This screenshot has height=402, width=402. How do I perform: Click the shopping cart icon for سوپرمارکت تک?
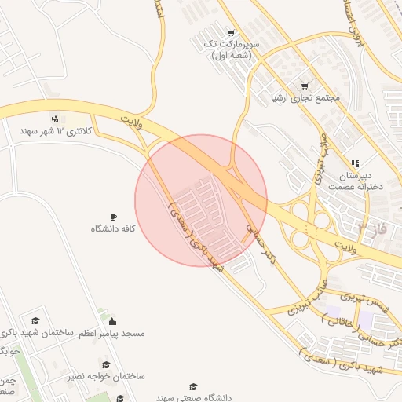(x=230, y=33)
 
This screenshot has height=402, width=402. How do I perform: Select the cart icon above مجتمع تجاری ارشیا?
(x=305, y=86)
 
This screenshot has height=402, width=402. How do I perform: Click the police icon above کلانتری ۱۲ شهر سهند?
(x=53, y=119)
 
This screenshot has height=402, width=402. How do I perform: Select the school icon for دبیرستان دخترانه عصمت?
(x=355, y=163)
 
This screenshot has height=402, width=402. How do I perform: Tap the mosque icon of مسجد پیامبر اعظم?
(x=111, y=321)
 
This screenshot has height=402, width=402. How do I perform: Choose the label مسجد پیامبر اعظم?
(x=111, y=334)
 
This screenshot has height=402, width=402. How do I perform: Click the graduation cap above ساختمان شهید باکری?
(x=35, y=321)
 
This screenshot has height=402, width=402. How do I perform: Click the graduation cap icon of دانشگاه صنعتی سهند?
(x=193, y=386)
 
